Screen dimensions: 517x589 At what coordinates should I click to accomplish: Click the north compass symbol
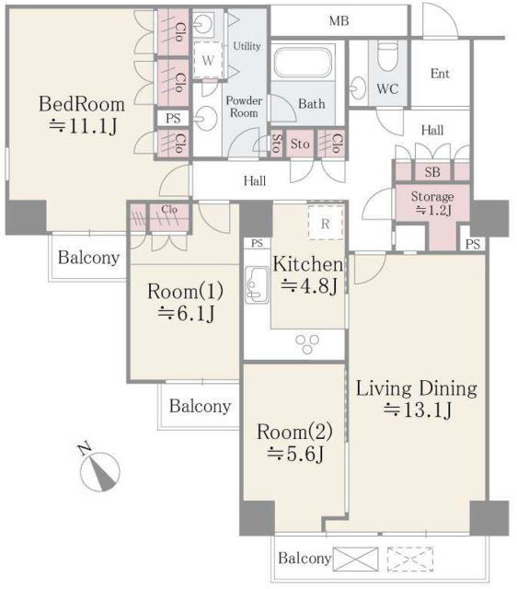click(x=99, y=468)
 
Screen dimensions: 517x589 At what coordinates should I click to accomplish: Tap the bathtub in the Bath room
click(x=304, y=62)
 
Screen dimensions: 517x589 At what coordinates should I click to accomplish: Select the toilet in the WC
click(x=387, y=56)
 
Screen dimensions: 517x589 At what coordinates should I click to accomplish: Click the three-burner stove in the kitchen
click(x=307, y=344)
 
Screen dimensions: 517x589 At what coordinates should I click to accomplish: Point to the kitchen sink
click(x=257, y=284)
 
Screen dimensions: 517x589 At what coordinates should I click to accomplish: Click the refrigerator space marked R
click(x=326, y=223)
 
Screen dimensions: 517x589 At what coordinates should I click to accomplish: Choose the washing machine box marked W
click(x=208, y=60)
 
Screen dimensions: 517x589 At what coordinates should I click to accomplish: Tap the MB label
click(x=339, y=21)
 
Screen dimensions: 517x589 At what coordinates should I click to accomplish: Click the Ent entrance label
click(x=440, y=74)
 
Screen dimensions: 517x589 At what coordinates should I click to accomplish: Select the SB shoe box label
click(x=432, y=172)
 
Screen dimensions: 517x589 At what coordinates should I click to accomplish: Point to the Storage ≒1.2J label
click(x=432, y=203)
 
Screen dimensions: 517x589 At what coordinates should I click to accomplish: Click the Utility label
click(x=247, y=46)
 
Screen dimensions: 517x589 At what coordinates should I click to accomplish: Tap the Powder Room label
click(x=244, y=107)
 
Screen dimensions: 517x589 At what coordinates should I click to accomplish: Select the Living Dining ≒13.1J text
click(x=417, y=399)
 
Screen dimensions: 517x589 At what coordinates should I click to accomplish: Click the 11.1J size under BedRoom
click(x=83, y=127)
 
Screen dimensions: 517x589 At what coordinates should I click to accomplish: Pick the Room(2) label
click(x=294, y=432)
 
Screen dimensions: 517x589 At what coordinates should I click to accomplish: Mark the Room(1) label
click(x=186, y=291)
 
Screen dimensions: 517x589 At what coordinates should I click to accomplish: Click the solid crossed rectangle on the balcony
click(x=356, y=559)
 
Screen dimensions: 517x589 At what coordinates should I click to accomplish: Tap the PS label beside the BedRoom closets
click(x=173, y=119)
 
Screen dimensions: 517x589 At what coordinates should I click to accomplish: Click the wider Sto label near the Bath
click(x=300, y=144)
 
